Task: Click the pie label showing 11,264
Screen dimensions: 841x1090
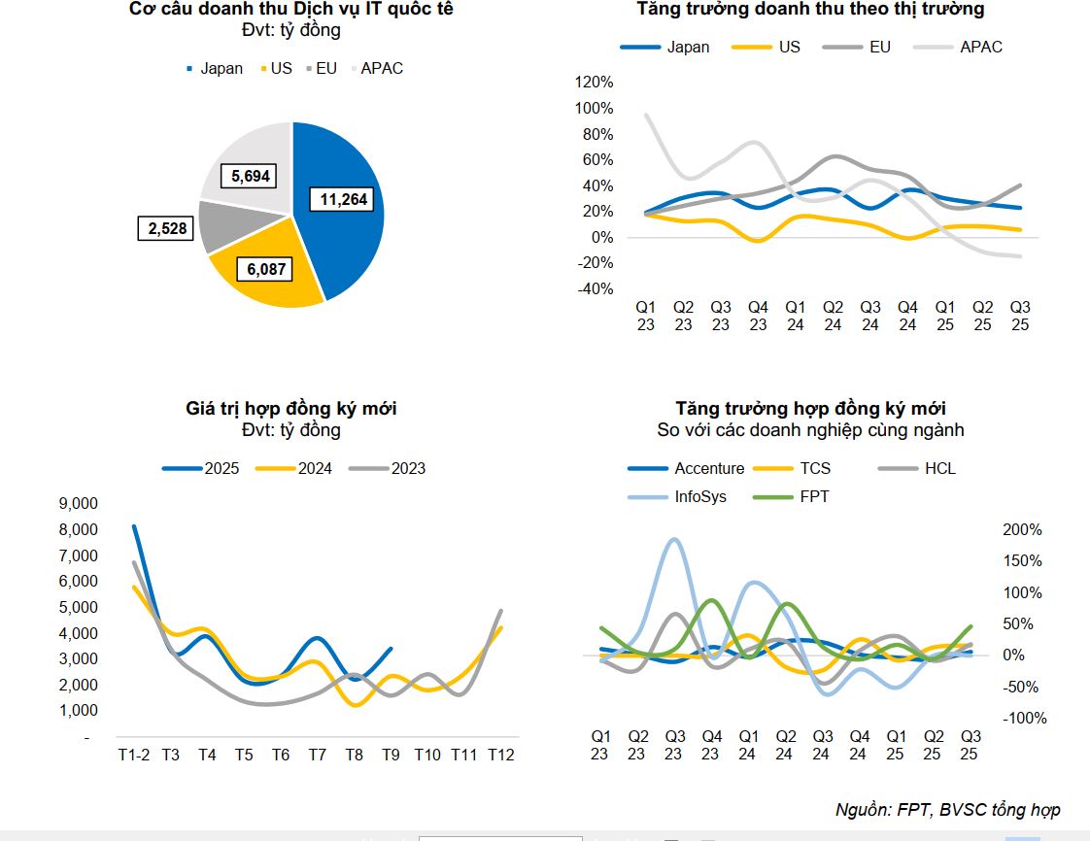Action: pyautogui.click(x=341, y=199)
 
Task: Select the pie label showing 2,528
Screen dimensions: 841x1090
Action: pyautogui.click(x=166, y=228)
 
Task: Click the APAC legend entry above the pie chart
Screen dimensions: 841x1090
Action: pyautogui.click(x=382, y=69)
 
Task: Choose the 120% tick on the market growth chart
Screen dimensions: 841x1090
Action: pyautogui.click(x=594, y=82)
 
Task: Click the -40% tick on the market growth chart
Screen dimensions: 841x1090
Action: pyautogui.click(x=594, y=289)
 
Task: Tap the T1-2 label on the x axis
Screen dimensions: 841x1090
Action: pyautogui.click(x=134, y=755)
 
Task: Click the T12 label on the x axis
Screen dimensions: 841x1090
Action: pyautogui.click(x=500, y=755)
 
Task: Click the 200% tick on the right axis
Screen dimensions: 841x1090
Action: pyautogui.click(x=1022, y=530)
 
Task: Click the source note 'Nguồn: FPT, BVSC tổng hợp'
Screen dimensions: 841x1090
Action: pyautogui.click(x=947, y=810)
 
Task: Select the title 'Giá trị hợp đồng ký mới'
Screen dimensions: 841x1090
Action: pyautogui.click(x=291, y=409)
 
